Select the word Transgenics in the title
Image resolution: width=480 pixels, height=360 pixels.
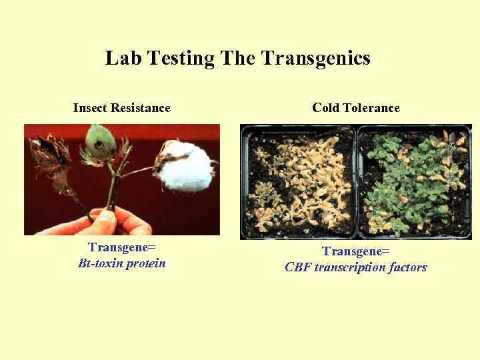tap(315, 59)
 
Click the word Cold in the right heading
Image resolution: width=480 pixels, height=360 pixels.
tap(326, 108)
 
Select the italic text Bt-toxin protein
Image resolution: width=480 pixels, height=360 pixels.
tap(121, 263)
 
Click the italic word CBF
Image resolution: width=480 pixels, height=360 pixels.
tap(299, 267)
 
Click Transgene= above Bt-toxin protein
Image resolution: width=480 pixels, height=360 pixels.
tap(121, 248)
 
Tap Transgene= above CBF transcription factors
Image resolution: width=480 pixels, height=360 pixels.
tap(356, 252)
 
